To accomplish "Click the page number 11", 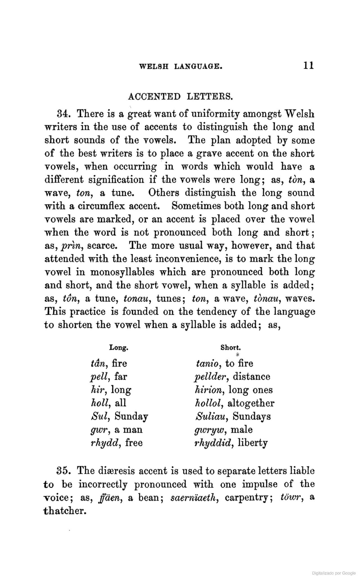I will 308,65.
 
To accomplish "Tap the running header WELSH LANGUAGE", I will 181,66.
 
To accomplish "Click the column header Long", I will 119,348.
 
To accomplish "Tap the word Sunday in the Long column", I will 131,416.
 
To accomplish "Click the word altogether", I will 251,403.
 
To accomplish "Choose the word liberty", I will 253,443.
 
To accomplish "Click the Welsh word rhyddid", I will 213,443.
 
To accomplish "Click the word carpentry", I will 249,498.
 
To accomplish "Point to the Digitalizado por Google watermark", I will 334,573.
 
